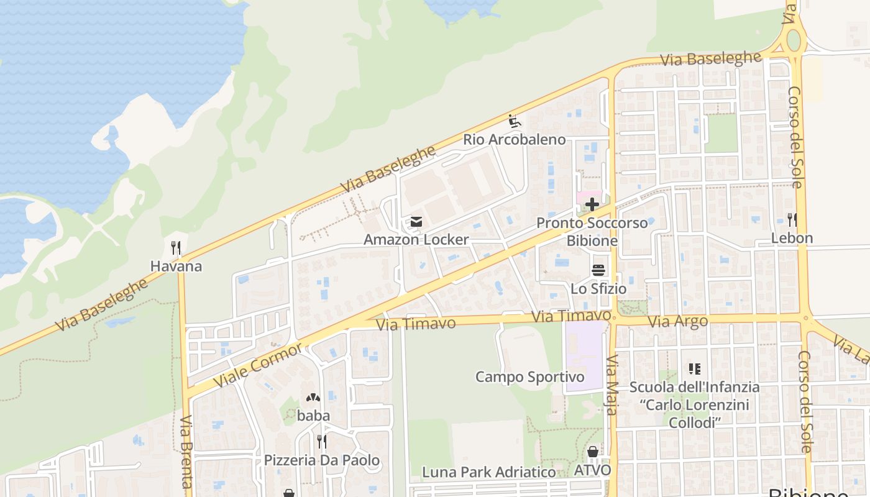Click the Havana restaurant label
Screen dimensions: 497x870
point(176,267)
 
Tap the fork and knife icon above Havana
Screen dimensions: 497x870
point(176,248)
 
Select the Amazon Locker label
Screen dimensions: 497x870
point(416,240)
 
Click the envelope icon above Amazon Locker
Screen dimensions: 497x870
point(416,222)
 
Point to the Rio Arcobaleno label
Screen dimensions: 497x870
point(514,139)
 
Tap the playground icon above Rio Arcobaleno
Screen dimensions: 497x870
point(514,120)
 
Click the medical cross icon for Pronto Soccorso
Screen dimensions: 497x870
point(592,204)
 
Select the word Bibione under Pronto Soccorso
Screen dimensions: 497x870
point(592,240)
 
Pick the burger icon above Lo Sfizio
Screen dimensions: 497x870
point(598,270)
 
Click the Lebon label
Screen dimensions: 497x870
point(792,238)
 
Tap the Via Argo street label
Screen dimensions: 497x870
point(677,321)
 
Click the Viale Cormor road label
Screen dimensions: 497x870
point(257,364)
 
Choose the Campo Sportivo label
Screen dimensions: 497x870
point(529,377)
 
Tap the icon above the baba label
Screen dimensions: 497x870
point(313,397)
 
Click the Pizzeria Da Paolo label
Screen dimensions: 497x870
point(321,460)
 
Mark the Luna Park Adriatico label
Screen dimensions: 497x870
point(488,472)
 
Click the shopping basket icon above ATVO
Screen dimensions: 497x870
point(592,452)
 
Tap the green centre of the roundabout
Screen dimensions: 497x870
point(794,40)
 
